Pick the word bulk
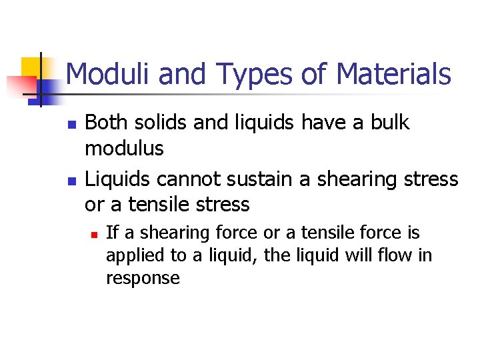389,123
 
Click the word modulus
124,149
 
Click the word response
143,279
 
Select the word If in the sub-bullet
112,233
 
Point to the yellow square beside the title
31,67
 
